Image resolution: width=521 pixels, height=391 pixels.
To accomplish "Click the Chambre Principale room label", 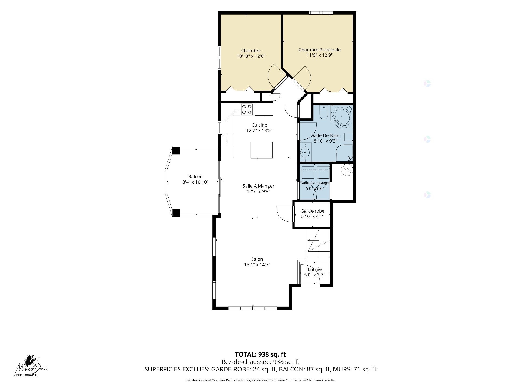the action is click(x=319, y=50).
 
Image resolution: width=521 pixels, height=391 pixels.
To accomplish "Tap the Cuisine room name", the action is click(x=259, y=125).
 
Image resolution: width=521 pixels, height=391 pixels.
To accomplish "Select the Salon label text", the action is click(x=257, y=259).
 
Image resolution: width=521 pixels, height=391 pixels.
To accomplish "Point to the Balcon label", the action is click(x=195, y=176).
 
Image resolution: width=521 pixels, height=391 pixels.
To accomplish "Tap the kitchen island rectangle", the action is click(x=262, y=150).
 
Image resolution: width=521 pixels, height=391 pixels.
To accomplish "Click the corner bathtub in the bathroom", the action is click(x=342, y=117).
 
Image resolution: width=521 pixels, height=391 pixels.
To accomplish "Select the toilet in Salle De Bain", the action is click(x=324, y=113).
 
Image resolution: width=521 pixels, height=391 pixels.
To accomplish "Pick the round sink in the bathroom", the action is click(x=305, y=152).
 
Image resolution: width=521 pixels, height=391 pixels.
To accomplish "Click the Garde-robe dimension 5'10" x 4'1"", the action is click(x=312, y=216).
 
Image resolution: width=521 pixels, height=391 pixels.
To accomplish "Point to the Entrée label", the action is click(x=314, y=269).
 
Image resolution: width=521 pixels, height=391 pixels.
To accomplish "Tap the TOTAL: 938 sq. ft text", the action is click(x=260, y=354).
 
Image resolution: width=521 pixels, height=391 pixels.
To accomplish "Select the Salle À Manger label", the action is click(x=258, y=186).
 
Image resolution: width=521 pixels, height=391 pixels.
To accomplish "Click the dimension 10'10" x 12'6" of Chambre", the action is click(x=251, y=56).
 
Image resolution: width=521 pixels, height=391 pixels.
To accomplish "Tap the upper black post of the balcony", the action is click(x=176, y=150).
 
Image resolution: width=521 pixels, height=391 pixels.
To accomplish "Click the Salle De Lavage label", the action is click(x=315, y=183).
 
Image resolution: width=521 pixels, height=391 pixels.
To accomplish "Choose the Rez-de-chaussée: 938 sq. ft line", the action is click(x=260, y=362).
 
